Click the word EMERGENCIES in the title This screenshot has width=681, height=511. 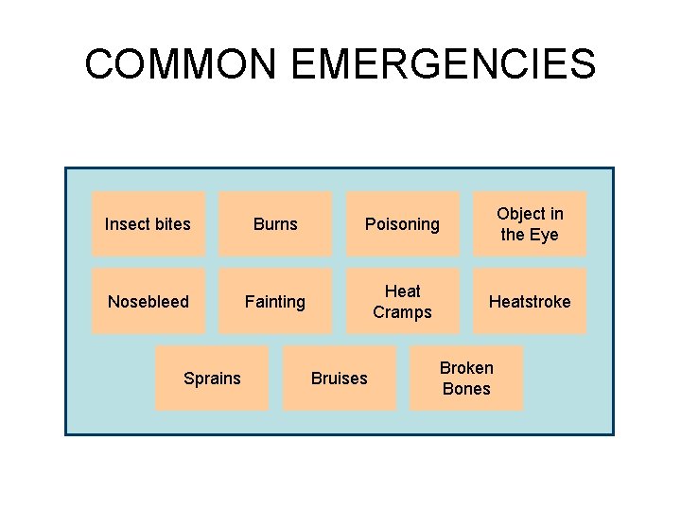[x=443, y=64]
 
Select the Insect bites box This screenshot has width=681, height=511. [x=148, y=224]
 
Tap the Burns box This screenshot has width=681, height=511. [x=275, y=224]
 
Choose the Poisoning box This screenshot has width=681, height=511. [x=403, y=224]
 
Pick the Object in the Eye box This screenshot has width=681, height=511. [x=530, y=224]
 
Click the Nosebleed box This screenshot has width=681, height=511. [x=148, y=301]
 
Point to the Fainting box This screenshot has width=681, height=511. [x=275, y=301]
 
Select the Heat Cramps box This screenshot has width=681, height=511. [x=403, y=301]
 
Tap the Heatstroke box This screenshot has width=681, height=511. [x=530, y=301]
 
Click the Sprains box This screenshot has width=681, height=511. [x=212, y=378]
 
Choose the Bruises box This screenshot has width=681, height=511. [x=340, y=378]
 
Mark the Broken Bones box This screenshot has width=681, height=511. [x=466, y=378]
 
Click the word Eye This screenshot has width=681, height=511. [x=544, y=235]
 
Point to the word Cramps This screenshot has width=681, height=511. [x=402, y=312]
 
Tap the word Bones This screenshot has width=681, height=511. [x=466, y=389]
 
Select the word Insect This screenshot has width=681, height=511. [x=127, y=224]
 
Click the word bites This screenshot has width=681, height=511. [x=171, y=224]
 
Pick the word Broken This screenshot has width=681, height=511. [x=466, y=367]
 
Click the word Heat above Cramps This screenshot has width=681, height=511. [x=403, y=291]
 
